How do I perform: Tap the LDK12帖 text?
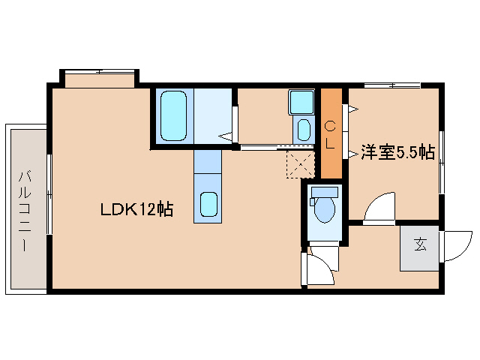137,210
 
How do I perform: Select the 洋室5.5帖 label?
397,151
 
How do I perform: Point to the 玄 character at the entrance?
420,245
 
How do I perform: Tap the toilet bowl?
325,210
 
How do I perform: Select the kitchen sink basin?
208,205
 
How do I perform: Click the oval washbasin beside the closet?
304,128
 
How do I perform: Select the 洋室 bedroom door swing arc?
380,206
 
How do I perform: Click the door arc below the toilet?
319,266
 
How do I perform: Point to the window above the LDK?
100,76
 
